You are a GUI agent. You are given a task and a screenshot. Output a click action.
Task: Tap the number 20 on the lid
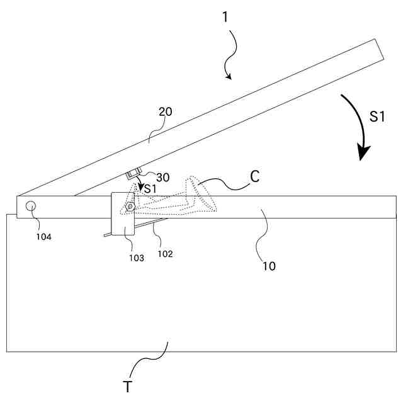click(165, 113)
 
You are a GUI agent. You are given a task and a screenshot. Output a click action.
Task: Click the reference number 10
click(268, 266)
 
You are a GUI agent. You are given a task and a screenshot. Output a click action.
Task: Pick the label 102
click(165, 254)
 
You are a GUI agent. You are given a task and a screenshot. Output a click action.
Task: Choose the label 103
click(136, 258)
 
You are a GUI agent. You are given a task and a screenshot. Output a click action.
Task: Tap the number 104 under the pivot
click(43, 237)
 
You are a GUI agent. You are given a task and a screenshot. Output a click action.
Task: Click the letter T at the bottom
click(127, 386)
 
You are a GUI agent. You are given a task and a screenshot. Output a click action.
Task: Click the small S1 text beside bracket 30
click(150, 189)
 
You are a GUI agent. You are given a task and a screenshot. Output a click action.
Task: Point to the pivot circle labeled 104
click(29, 206)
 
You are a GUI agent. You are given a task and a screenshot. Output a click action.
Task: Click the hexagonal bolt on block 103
click(129, 205)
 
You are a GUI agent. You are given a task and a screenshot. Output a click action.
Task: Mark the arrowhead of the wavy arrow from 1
click(229, 77)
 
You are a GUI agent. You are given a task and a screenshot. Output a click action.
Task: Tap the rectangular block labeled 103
click(122, 214)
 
